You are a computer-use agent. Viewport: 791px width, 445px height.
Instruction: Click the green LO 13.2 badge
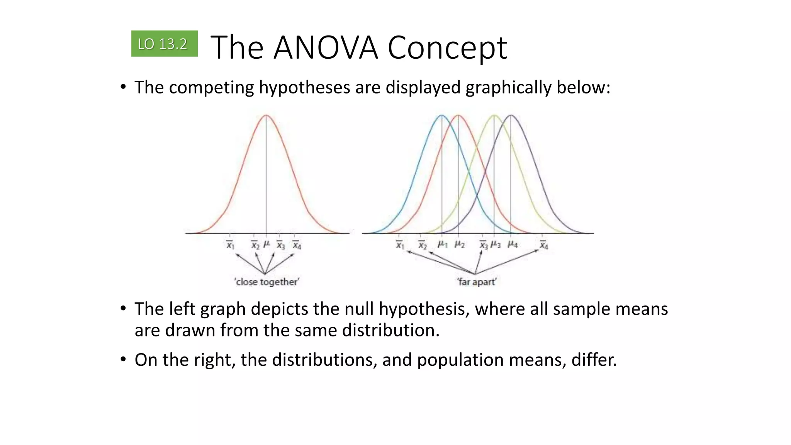point(164,44)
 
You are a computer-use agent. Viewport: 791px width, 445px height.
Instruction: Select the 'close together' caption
point(266,282)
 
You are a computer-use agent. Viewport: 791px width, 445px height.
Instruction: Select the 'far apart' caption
point(477,282)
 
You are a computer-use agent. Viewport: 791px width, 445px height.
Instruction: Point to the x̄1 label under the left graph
point(230,245)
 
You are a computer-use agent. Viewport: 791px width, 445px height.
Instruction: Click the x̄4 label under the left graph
point(297,245)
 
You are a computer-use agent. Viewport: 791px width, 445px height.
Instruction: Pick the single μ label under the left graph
point(266,245)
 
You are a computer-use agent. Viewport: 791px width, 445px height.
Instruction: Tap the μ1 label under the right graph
point(442,245)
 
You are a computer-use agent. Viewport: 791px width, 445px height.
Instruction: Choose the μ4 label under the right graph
point(513,245)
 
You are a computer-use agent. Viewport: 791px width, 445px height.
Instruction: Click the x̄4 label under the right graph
point(544,245)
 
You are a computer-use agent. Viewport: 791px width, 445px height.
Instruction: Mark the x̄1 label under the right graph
point(400,245)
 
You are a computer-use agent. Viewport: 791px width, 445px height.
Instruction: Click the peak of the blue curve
point(441,115)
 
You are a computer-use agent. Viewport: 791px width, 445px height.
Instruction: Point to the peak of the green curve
point(494,115)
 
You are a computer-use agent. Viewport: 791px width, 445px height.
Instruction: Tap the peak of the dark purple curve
point(511,115)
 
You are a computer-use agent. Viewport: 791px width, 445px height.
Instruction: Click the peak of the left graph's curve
point(266,115)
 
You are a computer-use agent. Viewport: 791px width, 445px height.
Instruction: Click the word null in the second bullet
point(359,309)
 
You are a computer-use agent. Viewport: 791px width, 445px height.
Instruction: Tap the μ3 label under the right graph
point(496,245)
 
